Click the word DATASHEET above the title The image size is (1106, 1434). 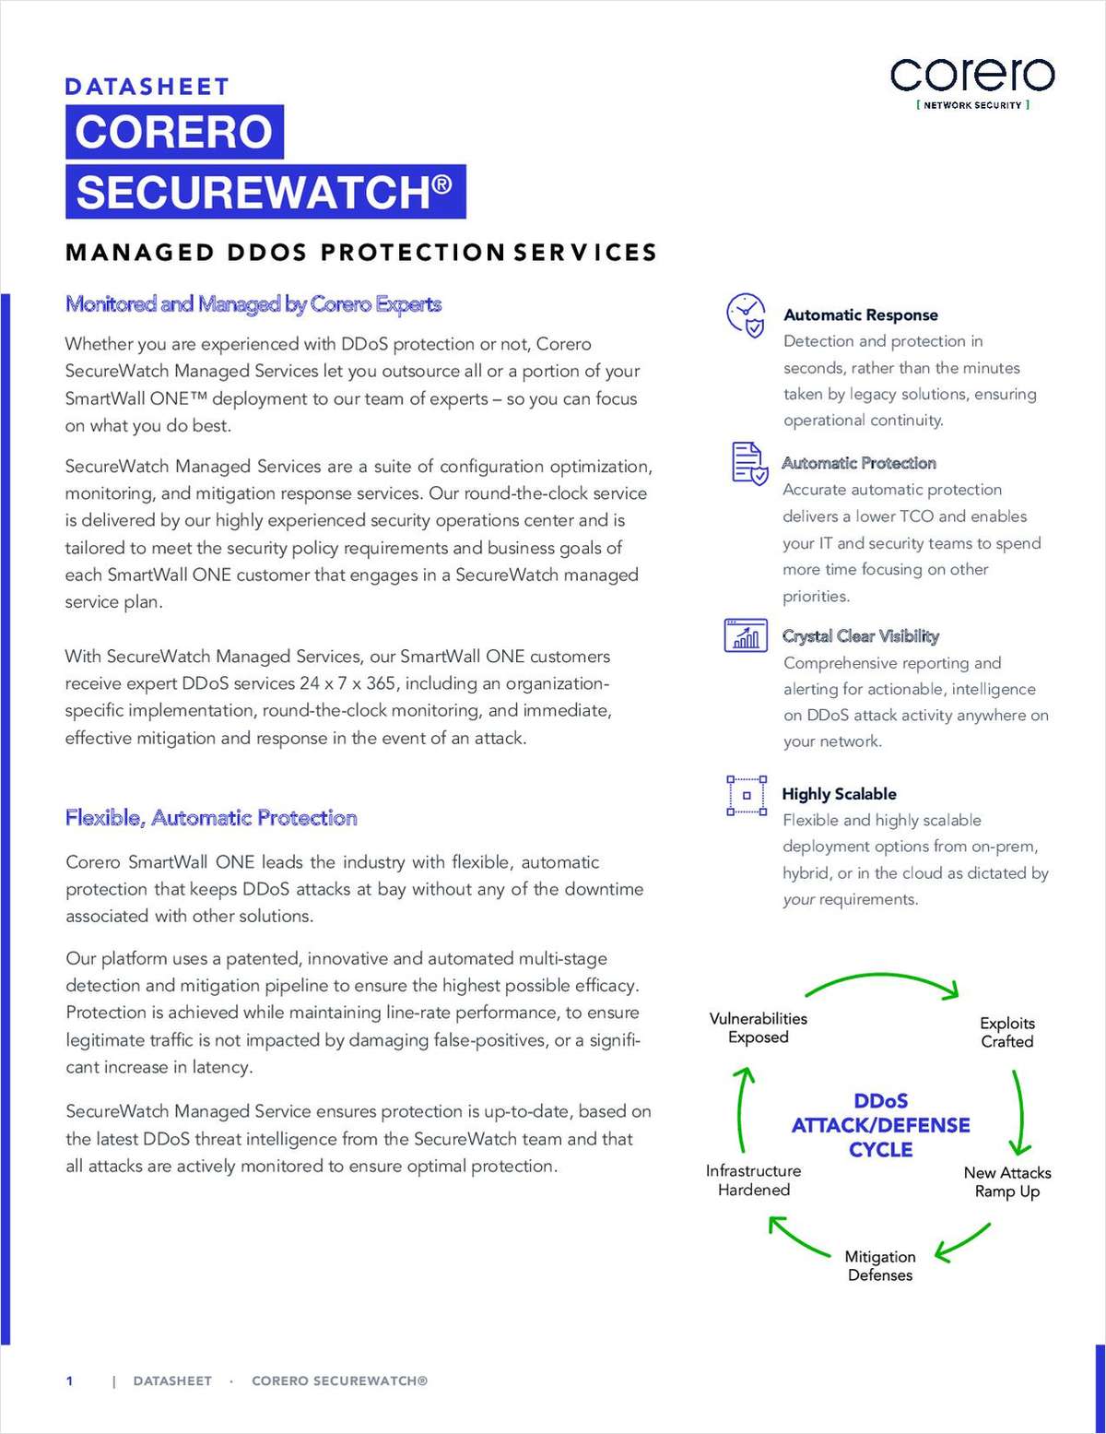coord(147,87)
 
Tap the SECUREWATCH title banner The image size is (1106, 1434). coord(265,192)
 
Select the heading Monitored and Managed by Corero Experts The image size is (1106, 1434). coord(253,304)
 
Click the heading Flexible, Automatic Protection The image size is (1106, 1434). coord(211,818)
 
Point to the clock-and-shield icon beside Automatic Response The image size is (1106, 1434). coord(746,315)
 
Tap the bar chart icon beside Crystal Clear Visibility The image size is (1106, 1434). coord(746,635)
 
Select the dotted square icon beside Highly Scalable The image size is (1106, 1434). coord(747,795)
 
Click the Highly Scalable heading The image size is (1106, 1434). coord(839,794)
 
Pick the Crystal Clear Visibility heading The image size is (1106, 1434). coord(860,636)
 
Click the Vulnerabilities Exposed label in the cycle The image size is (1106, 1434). coord(758,1028)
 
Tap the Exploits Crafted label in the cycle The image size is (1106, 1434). coord(1006,1033)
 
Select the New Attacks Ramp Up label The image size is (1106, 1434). coord(1007,1182)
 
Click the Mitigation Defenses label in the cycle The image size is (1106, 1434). coord(880,1266)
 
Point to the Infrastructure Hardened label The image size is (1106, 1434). coord(753,1180)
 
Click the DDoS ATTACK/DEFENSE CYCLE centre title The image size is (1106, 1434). coord(880,1125)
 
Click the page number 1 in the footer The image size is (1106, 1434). coord(69,1381)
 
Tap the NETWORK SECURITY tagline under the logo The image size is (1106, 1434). coord(972,105)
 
